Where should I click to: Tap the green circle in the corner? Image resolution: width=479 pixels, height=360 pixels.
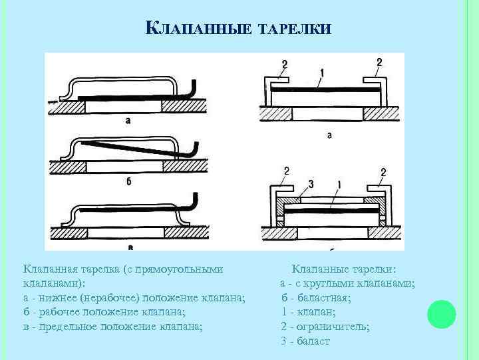pyautogui.click(x=441, y=314)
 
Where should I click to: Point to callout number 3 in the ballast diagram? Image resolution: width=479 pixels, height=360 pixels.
pyautogui.click(x=311, y=184)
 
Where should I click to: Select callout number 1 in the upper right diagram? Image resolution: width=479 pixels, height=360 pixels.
pyautogui.click(x=322, y=71)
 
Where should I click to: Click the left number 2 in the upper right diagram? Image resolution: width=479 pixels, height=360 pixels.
pyautogui.click(x=285, y=64)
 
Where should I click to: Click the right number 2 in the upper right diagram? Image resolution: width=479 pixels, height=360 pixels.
pyautogui.click(x=379, y=63)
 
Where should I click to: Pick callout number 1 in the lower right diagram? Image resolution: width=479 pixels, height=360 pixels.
pyautogui.click(x=339, y=184)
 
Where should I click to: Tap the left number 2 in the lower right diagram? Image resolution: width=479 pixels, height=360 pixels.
pyautogui.click(x=287, y=171)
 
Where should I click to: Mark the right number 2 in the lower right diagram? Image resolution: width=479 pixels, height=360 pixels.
pyautogui.click(x=383, y=172)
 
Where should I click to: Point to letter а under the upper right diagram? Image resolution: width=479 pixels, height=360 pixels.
pyautogui.click(x=330, y=135)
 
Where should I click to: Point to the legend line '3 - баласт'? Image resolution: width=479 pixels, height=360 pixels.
pyautogui.click(x=305, y=341)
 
